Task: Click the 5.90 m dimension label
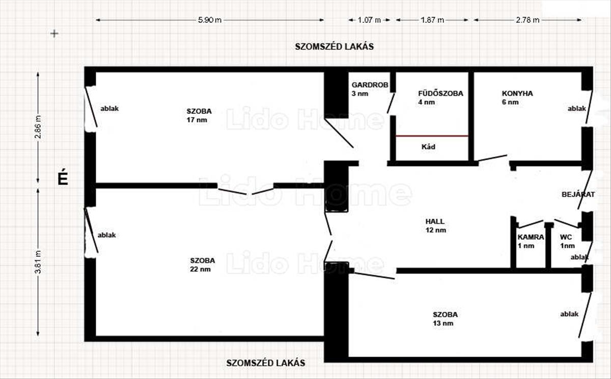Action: [210, 20]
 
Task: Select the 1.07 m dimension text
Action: [369, 20]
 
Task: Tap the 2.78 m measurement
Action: [527, 20]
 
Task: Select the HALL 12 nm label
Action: [436, 225]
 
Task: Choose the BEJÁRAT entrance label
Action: [578, 194]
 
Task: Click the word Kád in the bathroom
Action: [428, 147]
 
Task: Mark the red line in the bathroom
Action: [432, 136]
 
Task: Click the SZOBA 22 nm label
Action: [203, 265]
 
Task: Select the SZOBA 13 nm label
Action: [445, 319]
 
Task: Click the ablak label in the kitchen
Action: [576, 108]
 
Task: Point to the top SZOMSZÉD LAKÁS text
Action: [334, 47]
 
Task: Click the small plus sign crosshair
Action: [54, 34]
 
